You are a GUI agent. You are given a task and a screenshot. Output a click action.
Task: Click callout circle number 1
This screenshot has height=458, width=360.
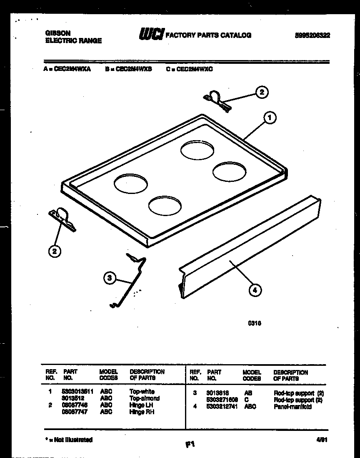[270, 118]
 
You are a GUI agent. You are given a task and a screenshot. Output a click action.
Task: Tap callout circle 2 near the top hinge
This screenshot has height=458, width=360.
[262, 92]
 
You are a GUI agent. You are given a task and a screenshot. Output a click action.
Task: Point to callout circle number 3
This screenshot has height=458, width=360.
[109, 278]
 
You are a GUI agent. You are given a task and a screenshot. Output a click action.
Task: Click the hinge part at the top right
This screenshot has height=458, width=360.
[217, 100]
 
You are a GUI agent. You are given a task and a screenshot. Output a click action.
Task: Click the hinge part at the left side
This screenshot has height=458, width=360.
[62, 219]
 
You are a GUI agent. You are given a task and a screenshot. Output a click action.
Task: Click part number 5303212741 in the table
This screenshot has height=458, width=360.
[222, 406]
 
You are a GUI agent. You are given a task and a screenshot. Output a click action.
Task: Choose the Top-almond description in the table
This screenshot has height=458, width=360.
[144, 398]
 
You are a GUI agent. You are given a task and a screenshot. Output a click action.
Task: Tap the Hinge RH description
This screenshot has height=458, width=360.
[142, 412]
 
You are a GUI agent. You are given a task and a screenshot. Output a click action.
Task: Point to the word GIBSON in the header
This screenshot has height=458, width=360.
[57, 33]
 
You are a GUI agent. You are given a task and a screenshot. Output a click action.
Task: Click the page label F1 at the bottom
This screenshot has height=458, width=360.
[190, 445]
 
